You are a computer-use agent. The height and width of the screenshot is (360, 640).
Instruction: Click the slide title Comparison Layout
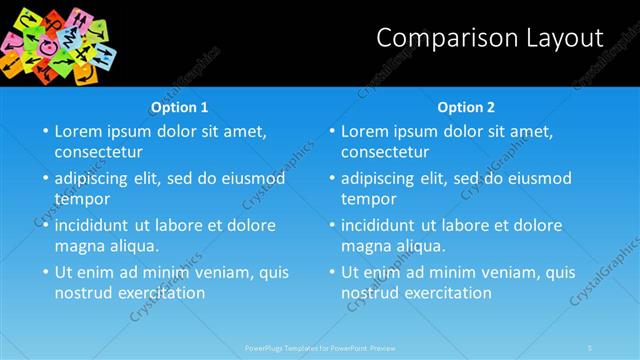coord(490,38)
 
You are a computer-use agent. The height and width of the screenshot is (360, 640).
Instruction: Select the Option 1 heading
coord(180,107)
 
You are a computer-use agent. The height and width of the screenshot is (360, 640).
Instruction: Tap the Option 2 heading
coord(466,107)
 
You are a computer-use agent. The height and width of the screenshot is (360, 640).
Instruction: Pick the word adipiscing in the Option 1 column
coord(96,178)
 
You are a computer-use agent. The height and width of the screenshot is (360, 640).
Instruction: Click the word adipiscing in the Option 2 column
coord(383,178)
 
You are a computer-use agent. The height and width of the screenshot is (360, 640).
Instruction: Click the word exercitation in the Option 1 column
coord(161,293)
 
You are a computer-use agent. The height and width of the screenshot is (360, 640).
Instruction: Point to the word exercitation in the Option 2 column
coord(447,293)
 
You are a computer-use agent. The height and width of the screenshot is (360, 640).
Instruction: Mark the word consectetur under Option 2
coord(382,152)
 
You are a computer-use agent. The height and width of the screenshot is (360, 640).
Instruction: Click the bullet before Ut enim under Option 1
coord(44,272)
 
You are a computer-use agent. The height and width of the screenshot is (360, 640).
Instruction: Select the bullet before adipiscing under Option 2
coord(331,179)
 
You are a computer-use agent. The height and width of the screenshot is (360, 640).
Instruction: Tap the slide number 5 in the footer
coord(590,347)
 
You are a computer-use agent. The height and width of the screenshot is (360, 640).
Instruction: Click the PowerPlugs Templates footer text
coord(320,347)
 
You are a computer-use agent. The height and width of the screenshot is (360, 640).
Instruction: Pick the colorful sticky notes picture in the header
coord(60,42)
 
